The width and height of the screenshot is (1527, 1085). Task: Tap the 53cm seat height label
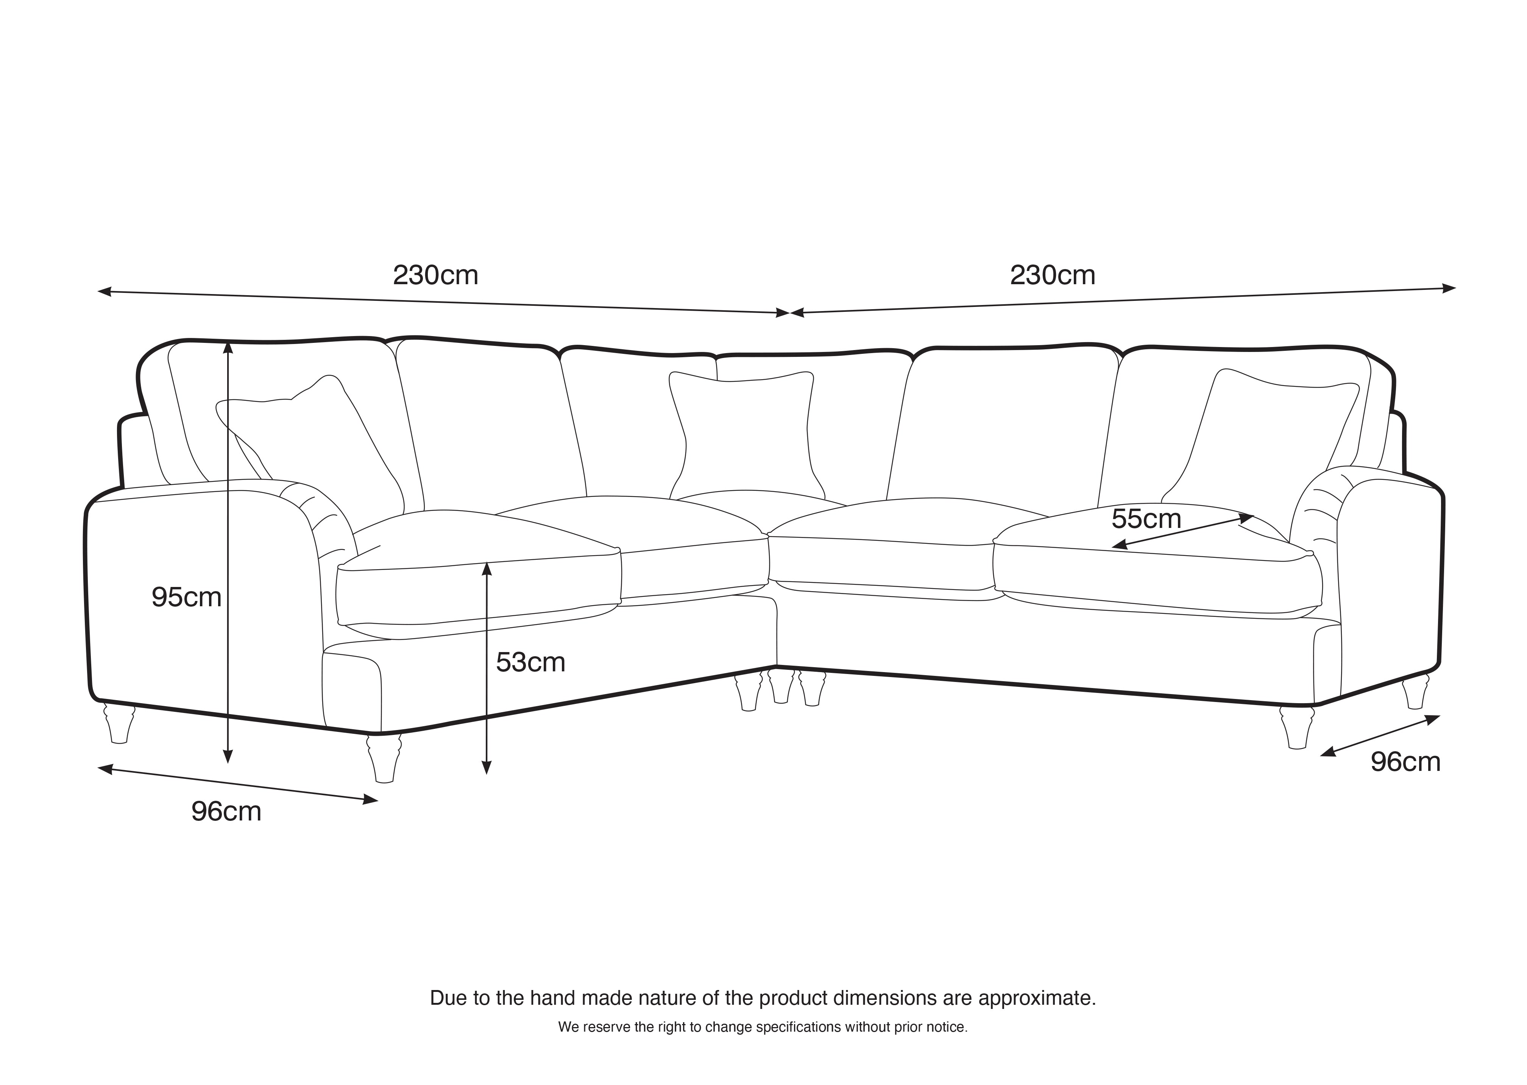click(530, 662)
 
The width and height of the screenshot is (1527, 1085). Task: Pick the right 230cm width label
click(1053, 275)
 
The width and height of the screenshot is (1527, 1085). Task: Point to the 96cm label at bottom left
click(226, 811)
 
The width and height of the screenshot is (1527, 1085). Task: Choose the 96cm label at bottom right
click(1405, 762)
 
